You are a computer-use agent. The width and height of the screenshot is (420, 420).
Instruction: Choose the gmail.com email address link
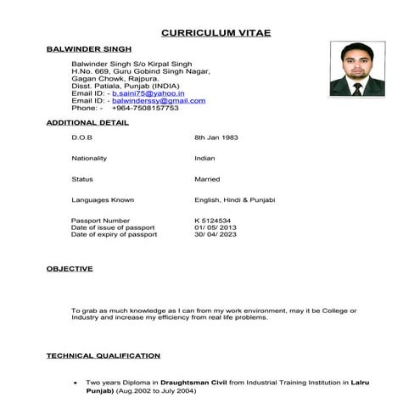point(159,100)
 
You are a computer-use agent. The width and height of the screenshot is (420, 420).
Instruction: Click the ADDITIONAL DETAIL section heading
point(87,122)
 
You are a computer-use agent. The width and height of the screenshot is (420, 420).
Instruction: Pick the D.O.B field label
point(81,137)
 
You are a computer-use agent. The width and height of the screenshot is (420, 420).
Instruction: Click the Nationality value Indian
point(204,158)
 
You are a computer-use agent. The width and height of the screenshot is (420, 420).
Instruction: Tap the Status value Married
point(207,179)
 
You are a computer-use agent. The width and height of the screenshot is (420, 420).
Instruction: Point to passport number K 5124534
point(213,221)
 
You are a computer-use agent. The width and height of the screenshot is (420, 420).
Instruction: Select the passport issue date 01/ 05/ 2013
point(216,227)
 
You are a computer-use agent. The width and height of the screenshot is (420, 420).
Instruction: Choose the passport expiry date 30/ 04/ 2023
point(216,234)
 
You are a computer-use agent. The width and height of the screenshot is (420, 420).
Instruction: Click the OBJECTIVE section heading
point(70,269)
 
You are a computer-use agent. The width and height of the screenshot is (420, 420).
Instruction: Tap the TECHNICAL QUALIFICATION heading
point(103,356)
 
